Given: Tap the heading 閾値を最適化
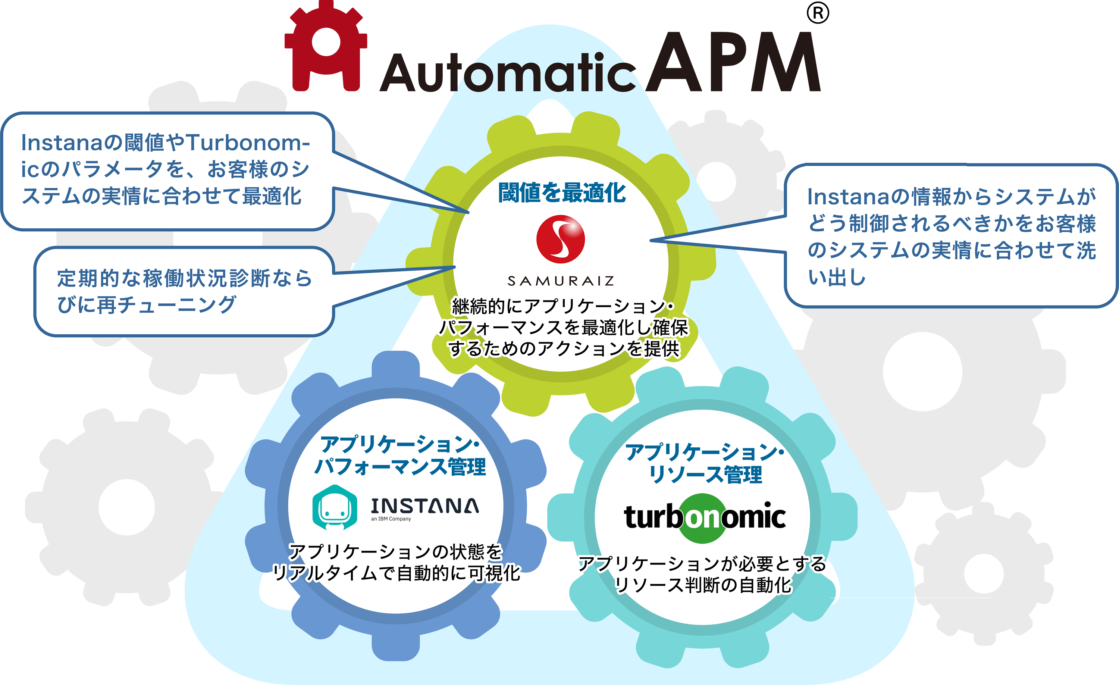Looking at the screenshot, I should pos(562,193).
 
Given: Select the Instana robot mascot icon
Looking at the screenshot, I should pos(335,507).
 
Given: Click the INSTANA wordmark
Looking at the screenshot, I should pos(424,506).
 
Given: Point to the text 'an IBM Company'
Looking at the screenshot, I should pos(391,519).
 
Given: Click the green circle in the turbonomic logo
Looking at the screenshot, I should pos(703,518).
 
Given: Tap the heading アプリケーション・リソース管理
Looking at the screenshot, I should pos(705,463).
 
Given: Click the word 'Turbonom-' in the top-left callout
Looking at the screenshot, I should pos(248,143).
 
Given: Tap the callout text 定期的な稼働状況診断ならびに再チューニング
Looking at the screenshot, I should pos(184,291).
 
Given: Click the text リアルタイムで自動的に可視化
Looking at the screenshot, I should pos(395,573).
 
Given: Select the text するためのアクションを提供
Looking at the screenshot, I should pos(564,349).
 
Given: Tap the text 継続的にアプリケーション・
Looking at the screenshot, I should pos(563,307).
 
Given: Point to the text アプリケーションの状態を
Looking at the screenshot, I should pos(395,551).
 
